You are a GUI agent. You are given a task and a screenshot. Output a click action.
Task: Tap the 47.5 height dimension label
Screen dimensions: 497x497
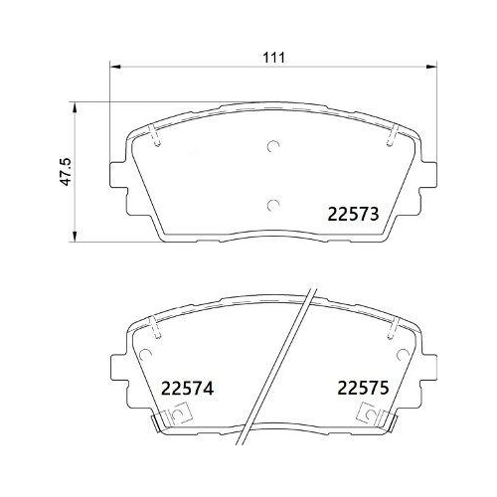tap(66, 170)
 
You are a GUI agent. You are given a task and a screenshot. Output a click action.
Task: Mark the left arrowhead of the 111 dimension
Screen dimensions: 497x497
tap(112, 69)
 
